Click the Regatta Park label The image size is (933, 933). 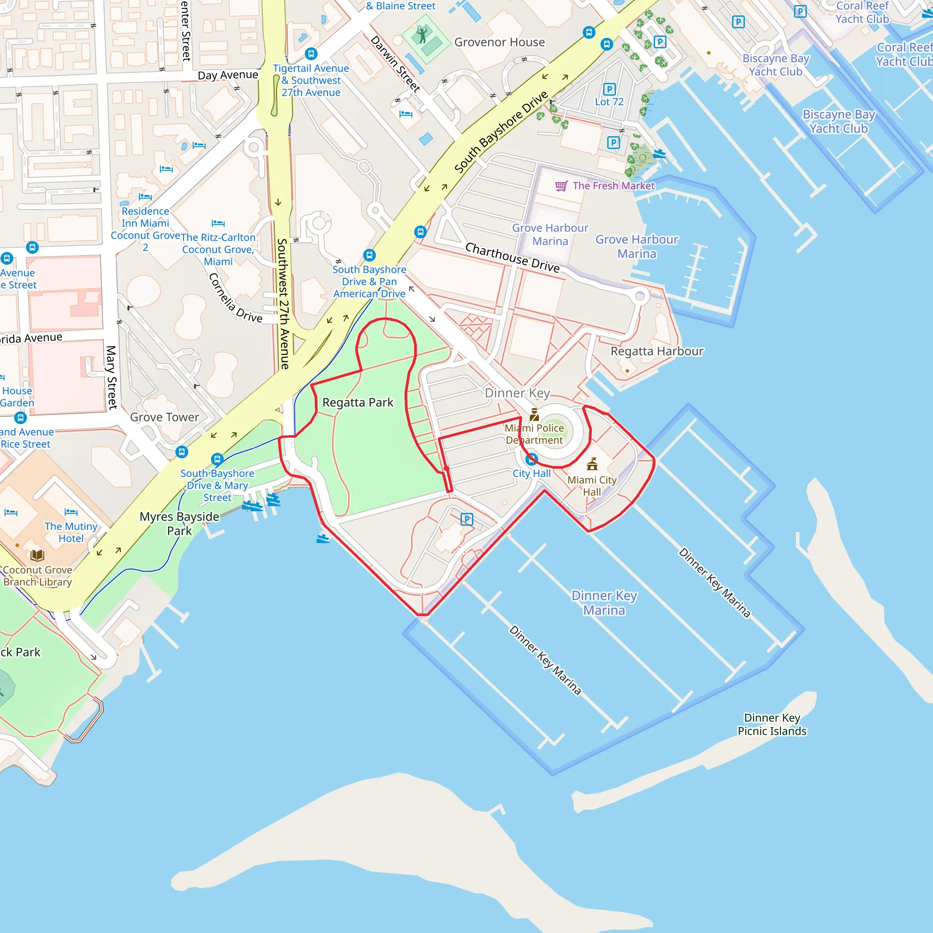(x=357, y=402)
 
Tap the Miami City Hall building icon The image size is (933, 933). (x=592, y=464)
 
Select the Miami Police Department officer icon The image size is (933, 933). (x=534, y=415)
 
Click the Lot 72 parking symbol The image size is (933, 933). (x=609, y=89)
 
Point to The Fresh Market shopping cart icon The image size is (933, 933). (x=561, y=186)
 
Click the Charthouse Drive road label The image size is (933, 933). (x=512, y=257)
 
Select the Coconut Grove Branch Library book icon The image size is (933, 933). (x=37, y=555)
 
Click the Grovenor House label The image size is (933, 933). (x=499, y=42)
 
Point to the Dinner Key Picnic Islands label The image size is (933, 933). (x=772, y=724)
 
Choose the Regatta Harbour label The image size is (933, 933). (x=657, y=351)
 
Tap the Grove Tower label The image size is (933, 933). (x=164, y=417)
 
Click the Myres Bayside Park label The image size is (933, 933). (x=179, y=523)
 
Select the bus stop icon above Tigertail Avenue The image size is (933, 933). (x=311, y=54)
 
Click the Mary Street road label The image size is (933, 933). (x=112, y=377)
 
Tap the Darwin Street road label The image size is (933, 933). (x=395, y=64)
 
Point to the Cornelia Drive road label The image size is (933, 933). (x=235, y=298)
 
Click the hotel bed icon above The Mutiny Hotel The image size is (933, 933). (x=71, y=512)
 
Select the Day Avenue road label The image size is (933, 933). (x=228, y=75)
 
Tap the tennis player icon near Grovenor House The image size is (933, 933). (x=422, y=35)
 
